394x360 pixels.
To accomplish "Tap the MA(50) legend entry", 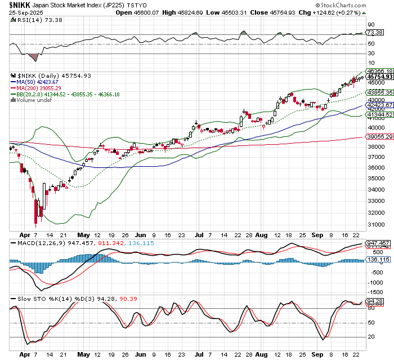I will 28,82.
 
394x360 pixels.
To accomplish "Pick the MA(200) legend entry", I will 29,88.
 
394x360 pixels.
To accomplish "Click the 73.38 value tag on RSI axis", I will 374,33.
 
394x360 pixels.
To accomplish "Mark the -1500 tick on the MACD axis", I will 374,291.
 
